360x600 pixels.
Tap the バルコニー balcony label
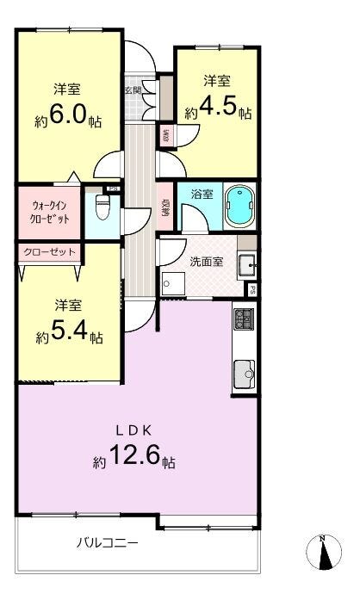[x=106, y=543]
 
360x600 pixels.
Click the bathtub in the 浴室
[x=239, y=207]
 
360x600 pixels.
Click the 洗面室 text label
[x=207, y=261]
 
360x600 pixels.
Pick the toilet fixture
[x=102, y=207]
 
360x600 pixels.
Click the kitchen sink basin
[x=244, y=372]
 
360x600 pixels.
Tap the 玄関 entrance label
[x=133, y=89]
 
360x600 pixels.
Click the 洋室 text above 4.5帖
[x=216, y=81]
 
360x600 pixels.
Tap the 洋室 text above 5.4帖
[x=68, y=305]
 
